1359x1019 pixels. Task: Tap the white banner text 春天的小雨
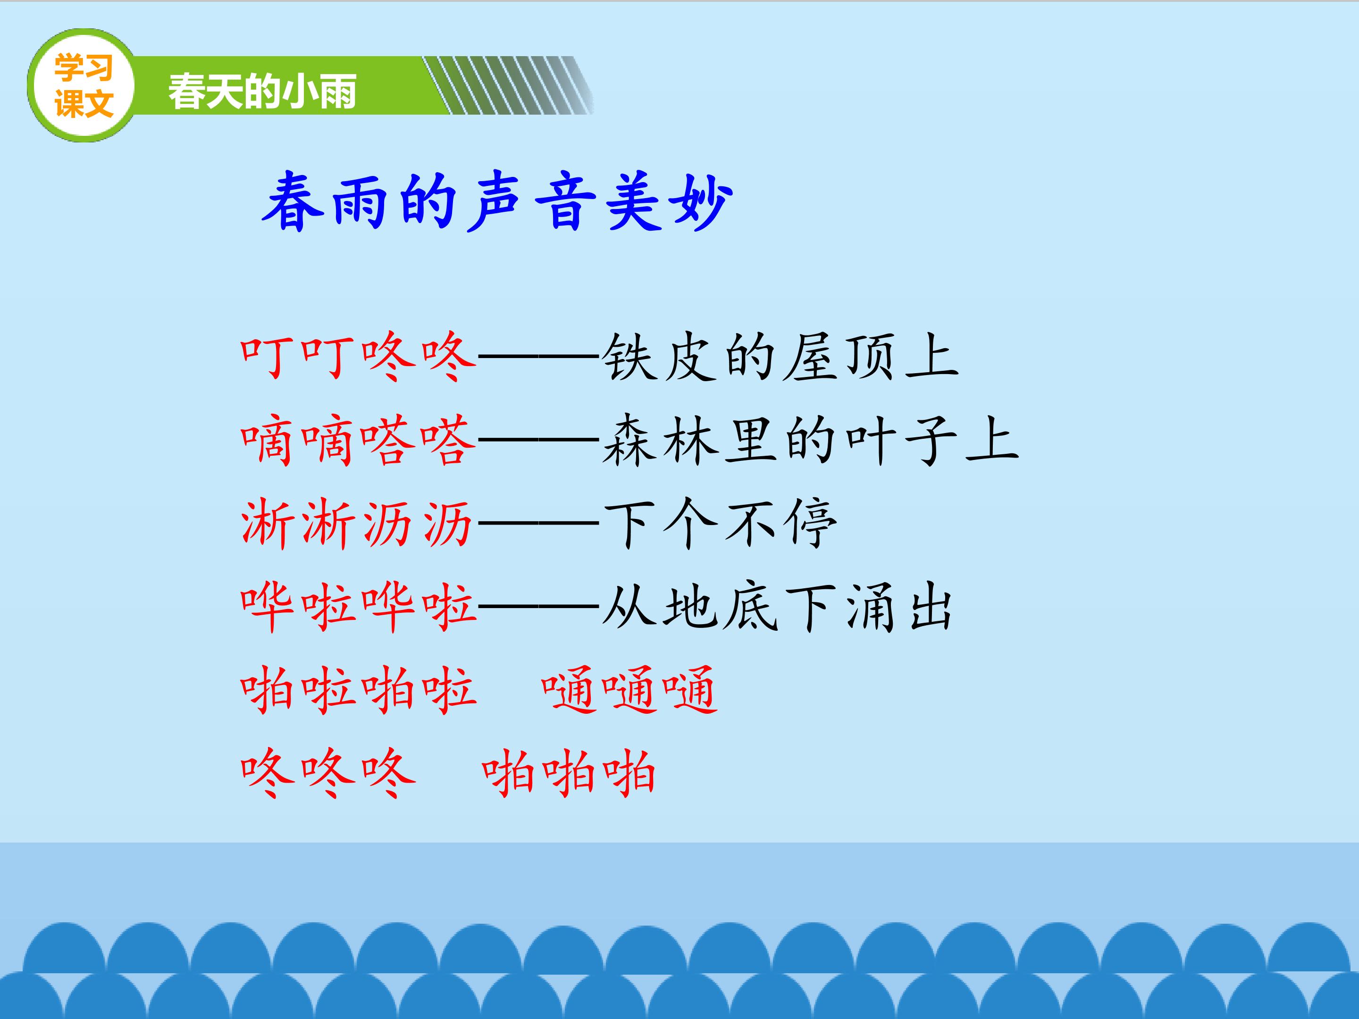pyautogui.click(x=262, y=92)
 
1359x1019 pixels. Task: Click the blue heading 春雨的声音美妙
pyautogui.click(x=498, y=201)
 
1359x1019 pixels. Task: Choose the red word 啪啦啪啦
pyautogui.click(x=358, y=690)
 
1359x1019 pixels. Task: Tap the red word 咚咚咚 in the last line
pyautogui.click(x=328, y=773)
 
